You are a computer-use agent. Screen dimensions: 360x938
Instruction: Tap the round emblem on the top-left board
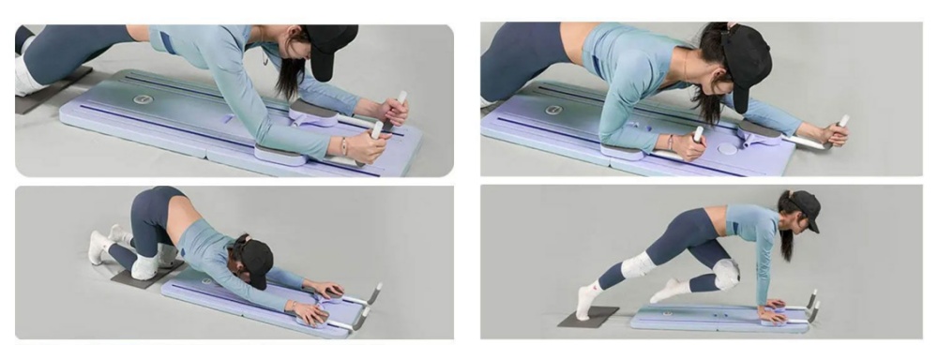143,98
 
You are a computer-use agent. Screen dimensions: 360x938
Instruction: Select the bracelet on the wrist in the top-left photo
344,146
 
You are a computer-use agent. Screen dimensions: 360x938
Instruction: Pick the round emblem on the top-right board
553,110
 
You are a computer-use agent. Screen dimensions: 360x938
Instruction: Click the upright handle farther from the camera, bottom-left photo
374,292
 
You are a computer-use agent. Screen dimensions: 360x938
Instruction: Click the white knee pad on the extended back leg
638,264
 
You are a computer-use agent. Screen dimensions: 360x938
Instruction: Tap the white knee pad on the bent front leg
724,274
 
